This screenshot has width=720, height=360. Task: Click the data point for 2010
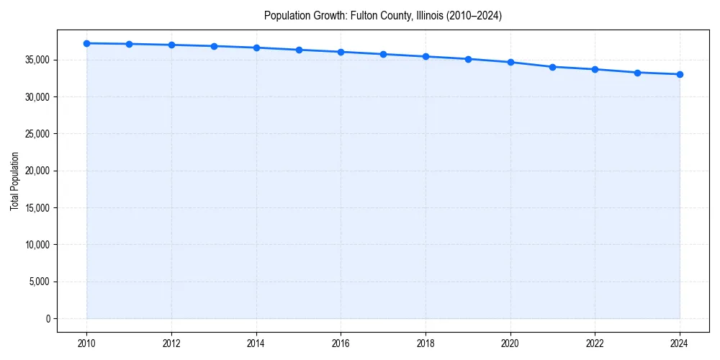pyautogui.click(x=86, y=43)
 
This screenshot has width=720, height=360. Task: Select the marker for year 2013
pyautogui.click(x=214, y=46)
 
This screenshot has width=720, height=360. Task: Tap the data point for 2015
pyautogui.click(x=299, y=50)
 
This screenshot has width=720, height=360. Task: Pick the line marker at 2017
pyautogui.click(x=383, y=54)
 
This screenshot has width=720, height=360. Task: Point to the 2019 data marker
pyautogui.click(x=468, y=59)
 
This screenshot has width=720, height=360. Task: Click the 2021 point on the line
pyautogui.click(x=552, y=67)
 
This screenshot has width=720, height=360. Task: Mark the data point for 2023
pyautogui.click(x=637, y=73)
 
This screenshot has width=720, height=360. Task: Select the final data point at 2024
pyautogui.click(x=680, y=74)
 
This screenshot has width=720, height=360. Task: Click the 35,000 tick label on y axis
pyautogui.click(x=37, y=60)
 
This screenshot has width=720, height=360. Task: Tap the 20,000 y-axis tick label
pyautogui.click(x=37, y=171)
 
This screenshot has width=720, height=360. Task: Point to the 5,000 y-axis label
pyautogui.click(x=40, y=282)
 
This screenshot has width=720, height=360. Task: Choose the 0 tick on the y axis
pyautogui.click(x=48, y=318)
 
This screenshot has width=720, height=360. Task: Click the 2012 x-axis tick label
pyautogui.click(x=171, y=343)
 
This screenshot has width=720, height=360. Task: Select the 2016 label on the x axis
pyautogui.click(x=341, y=343)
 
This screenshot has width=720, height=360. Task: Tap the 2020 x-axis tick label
pyautogui.click(x=510, y=343)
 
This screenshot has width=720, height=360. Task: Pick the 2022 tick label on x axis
pyautogui.click(x=595, y=343)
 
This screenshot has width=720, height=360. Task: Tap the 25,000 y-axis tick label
pyautogui.click(x=37, y=134)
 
